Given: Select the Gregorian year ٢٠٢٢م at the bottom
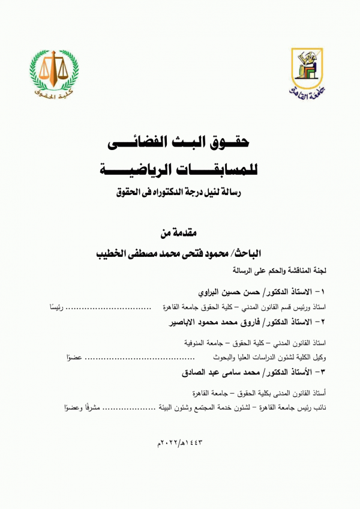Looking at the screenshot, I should [166, 444].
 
